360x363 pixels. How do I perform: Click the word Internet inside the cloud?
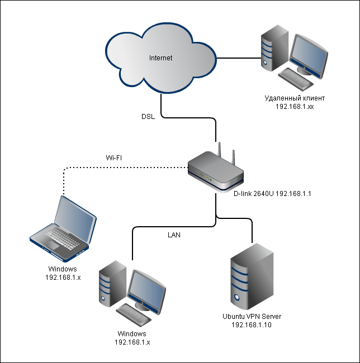coord(160,58)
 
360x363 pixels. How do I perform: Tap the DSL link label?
coord(148,117)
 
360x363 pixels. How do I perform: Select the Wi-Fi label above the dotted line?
coord(114,158)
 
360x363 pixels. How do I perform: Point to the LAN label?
coord(174,235)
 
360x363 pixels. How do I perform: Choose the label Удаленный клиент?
coord(294,98)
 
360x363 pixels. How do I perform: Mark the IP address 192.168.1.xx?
coord(294,106)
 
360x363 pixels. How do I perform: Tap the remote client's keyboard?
coord(296,79)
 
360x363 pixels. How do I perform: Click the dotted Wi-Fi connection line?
coord(123,166)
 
